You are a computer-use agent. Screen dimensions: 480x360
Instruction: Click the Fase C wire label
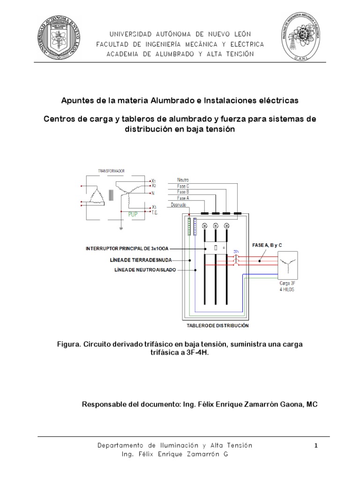(183, 186)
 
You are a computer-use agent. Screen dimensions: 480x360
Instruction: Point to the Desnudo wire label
(184, 204)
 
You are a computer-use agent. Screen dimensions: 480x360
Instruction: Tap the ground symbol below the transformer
(121, 228)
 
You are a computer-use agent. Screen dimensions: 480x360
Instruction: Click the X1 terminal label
(153, 180)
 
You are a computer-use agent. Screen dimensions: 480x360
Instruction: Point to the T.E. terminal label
(154, 212)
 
